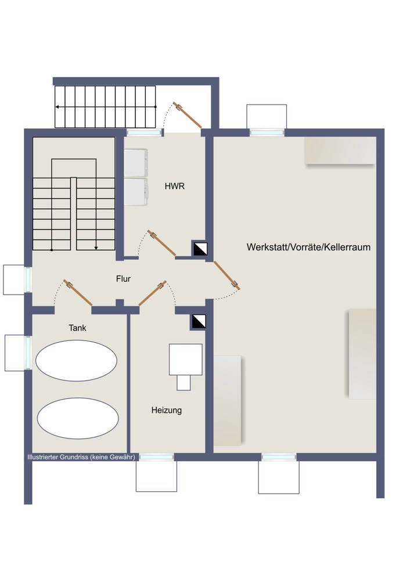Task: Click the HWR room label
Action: [174, 186]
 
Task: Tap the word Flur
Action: [123, 279]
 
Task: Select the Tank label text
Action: [77, 328]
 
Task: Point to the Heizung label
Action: [166, 410]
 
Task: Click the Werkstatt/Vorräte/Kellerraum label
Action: [308, 247]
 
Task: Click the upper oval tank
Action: [76, 361]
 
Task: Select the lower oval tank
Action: [78, 418]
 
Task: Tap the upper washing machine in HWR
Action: [136, 163]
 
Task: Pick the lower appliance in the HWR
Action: [136, 192]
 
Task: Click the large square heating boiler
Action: [186, 360]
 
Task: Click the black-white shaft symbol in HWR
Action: [200, 249]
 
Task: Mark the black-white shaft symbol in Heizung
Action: [199, 322]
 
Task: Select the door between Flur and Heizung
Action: [153, 293]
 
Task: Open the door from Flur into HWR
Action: [161, 242]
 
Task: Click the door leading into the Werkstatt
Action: [226, 275]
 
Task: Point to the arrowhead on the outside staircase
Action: [57, 107]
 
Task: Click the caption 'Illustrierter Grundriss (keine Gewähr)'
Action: [81, 457]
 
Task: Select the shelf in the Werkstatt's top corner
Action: [340, 151]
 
